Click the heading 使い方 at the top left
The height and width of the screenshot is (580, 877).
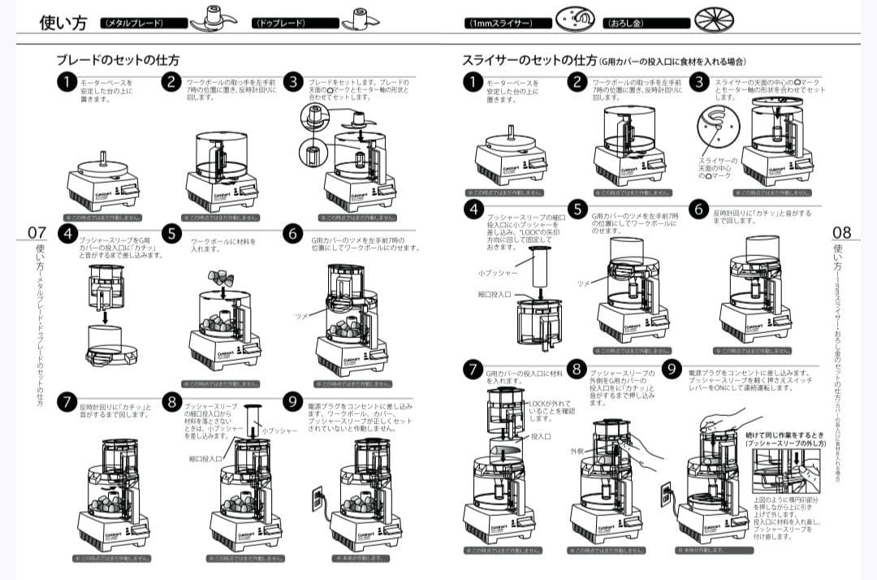tap(63, 22)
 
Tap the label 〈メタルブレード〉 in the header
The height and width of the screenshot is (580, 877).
tap(132, 23)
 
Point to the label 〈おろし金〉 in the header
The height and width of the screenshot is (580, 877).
tap(629, 23)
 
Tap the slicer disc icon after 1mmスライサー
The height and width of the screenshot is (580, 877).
tap(574, 19)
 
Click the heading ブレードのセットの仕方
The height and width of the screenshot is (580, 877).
tap(118, 60)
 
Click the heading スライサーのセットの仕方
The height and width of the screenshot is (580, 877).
tap(529, 60)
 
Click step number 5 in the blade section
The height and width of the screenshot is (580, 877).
tap(171, 233)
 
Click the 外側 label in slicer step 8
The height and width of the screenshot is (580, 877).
tap(577, 451)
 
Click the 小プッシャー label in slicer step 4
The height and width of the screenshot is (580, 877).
tap(493, 273)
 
